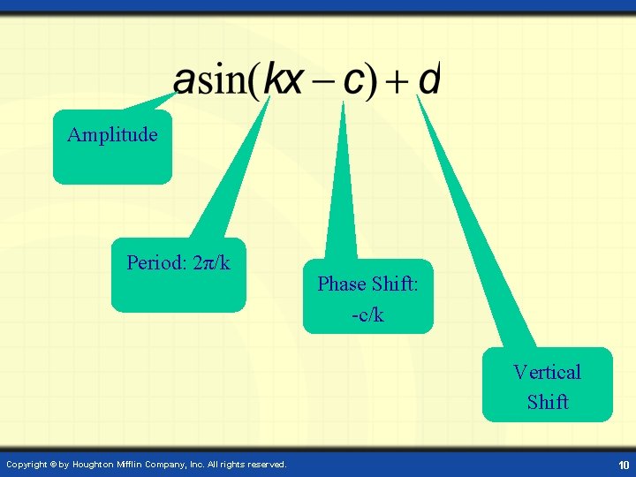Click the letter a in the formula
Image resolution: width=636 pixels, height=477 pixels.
pyautogui.click(x=185, y=82)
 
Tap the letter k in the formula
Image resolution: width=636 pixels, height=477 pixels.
pyautogui.click(x=276, y=81)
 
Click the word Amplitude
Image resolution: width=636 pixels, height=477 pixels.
pyautogui.click(x=112, y=135)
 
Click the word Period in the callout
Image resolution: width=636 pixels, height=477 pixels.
pyautogui.click(x=155, y=263)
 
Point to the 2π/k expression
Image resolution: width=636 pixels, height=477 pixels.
pyautogui.click(x=211, y=263)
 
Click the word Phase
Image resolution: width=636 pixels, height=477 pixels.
pyautogui.click(x=342, y=284)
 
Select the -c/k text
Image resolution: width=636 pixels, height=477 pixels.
pyautogui.click(x=367, y=314)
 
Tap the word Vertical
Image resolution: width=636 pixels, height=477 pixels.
pyautogui.click(x=547, y=372)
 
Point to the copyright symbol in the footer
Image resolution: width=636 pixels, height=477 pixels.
pyautogui.click(x=54, y=465)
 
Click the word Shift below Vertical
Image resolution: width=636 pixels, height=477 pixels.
pyautogui.click(x=548, y=402)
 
